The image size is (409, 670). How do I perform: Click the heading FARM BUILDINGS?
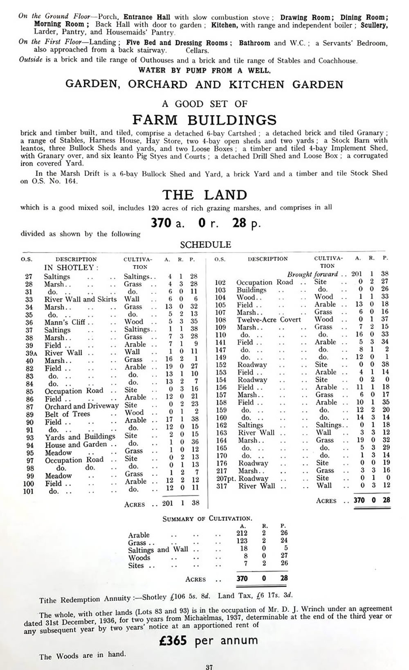204,120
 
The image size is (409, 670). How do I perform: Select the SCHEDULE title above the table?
206,245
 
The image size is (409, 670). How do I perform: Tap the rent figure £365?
173,640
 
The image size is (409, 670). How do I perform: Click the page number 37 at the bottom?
209,667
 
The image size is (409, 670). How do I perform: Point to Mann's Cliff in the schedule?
65,322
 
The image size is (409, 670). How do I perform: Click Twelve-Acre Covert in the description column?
268,319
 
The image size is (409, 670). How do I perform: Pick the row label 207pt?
224,478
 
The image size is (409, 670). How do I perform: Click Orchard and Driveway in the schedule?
81,406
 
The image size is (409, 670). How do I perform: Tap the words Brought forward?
312,274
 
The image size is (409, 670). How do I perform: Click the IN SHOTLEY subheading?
71,268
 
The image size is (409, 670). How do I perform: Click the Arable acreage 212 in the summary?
242,533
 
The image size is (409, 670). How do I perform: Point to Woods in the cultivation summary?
139,558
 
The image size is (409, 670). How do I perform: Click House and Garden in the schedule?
76,444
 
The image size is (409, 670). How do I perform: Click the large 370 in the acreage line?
161,223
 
